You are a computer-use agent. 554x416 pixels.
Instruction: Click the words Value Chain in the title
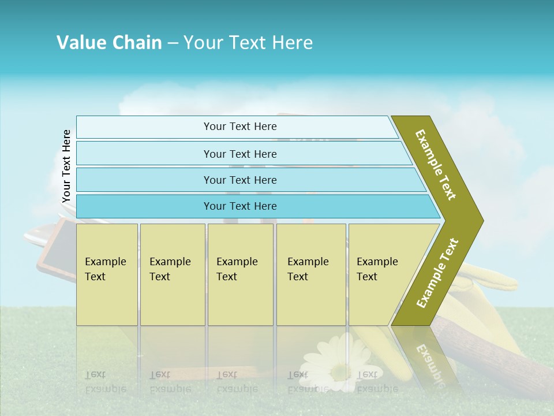109,43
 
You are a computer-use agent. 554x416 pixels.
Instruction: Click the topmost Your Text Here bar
239,127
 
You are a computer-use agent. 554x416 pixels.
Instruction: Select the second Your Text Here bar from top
239,154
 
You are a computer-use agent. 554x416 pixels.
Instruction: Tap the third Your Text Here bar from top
239,180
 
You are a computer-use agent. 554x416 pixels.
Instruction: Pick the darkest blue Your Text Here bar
239,206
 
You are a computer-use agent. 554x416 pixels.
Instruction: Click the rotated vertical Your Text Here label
66,166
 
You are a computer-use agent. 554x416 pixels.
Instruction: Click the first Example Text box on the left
107,274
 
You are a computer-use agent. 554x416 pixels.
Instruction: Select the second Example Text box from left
172,274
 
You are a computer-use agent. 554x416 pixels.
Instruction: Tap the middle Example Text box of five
240,274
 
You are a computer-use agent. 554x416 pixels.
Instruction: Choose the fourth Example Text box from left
310,274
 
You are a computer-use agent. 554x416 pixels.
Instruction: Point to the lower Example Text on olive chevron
437,273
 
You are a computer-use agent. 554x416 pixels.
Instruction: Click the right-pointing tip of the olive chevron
481,220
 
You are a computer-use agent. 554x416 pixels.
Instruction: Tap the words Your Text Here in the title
248,43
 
